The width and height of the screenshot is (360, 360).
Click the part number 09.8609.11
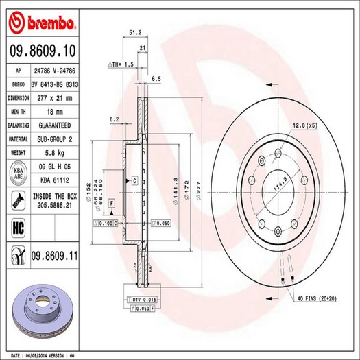tap(54, 254)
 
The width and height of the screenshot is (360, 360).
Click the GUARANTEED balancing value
tap(54, 126)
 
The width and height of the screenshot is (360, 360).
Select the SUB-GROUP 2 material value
tap(54, 139)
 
